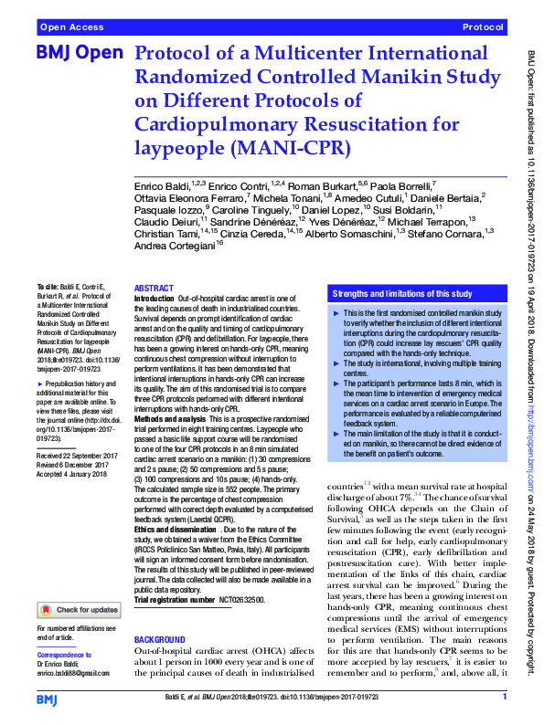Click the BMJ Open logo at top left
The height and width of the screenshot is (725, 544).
click(80, 54)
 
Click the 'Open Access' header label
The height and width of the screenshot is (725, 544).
click(70, 28)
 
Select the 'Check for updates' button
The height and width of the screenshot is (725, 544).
click(77, 610)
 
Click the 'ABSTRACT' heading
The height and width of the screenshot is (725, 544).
click(154, 288)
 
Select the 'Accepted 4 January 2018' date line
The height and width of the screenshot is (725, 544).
click(72, 472)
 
